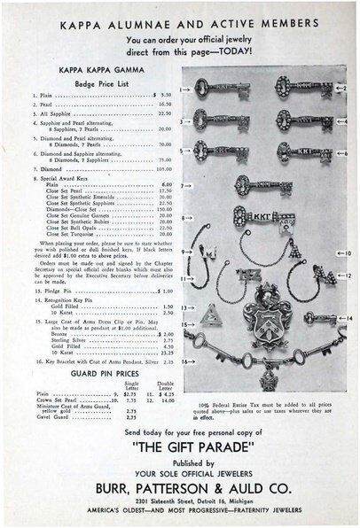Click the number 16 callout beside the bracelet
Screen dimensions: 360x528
pyautogui.click(x=184, y=361)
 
